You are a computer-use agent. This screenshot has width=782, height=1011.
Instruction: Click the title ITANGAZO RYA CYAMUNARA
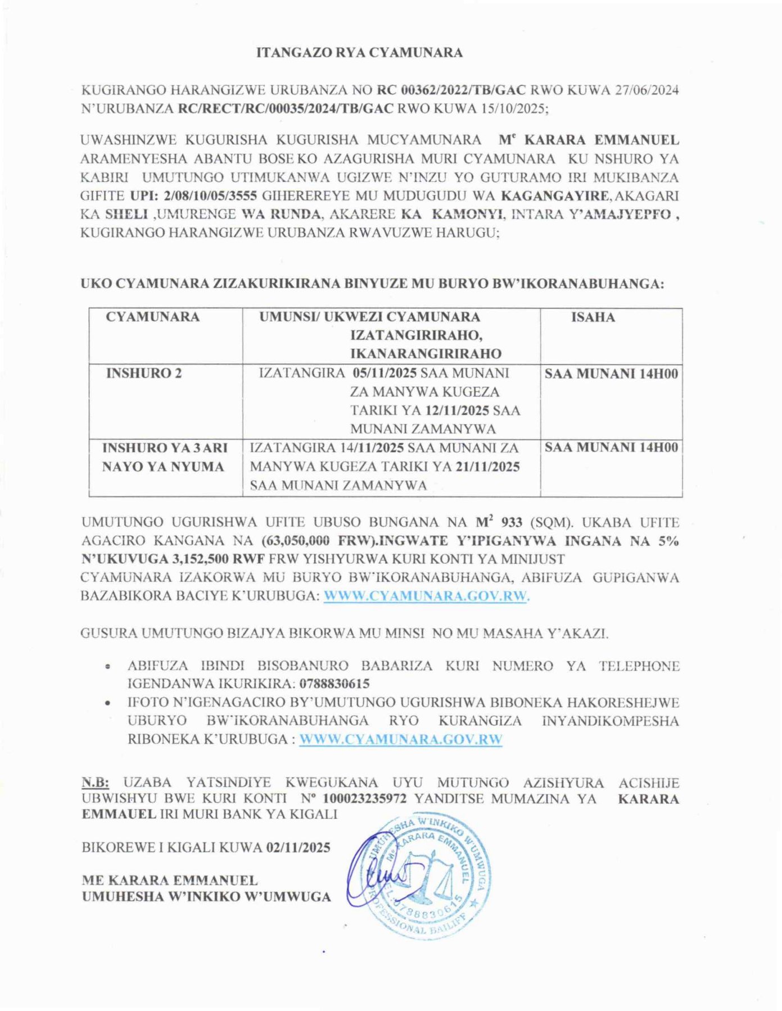359,53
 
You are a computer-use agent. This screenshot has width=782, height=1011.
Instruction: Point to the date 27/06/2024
647,90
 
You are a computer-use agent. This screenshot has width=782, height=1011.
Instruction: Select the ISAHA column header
593,317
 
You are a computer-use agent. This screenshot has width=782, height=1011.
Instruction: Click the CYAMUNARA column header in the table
152,317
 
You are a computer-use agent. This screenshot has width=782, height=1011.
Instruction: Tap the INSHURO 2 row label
144,374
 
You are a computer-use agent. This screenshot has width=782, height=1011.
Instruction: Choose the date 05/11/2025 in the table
385,373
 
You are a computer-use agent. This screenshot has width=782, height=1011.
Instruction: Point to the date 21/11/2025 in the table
487,467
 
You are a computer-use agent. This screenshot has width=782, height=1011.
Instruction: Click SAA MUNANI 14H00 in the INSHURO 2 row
611,374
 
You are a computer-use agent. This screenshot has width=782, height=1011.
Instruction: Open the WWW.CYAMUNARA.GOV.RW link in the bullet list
400,739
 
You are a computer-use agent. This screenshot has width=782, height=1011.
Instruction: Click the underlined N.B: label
95,782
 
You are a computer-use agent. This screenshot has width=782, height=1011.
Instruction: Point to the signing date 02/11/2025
298,847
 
